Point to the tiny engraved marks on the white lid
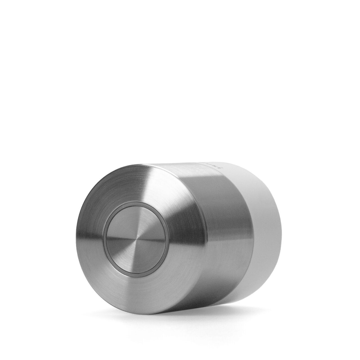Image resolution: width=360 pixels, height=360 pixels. (x=214, y=166)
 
